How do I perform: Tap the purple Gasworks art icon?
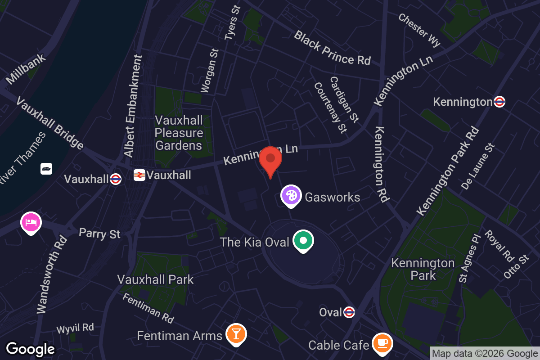[x=291, y=196]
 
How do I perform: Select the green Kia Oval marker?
[x=303, y=241]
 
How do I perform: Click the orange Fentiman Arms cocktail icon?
[x=236, y=334]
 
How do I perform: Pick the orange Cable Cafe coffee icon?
[x=382, y=344]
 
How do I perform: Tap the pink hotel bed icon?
[x=31, y=222]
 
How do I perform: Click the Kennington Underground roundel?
[x=499, y=102]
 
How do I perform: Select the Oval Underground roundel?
[x=349, y=312]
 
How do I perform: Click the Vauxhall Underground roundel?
[x=116, y=179]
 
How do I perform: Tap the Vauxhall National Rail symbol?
[x=139, y=175]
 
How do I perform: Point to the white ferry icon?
[x=46, y=169]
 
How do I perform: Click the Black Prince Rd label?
[x=332, y=48]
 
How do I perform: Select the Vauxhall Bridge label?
[x=49, y=122]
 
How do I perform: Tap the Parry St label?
[x=99, y=234]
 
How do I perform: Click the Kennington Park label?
[x=423, y=269]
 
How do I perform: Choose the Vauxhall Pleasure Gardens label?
[x=179, y=133]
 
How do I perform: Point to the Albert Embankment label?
[x=133, y=106]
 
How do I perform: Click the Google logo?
[x=30, y=349]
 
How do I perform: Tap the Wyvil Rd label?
[x=75, y=328]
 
